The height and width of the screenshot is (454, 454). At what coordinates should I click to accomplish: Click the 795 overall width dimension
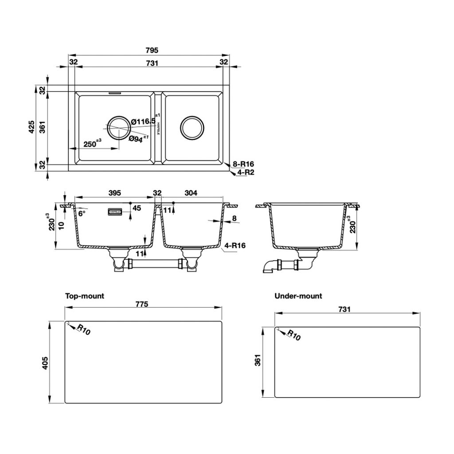click(152, 51)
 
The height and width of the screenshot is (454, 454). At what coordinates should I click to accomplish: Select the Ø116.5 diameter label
click(143, 121)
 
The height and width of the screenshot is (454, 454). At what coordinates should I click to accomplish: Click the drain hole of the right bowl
click(192, 128)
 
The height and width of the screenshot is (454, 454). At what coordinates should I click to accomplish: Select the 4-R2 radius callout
click(245, 172)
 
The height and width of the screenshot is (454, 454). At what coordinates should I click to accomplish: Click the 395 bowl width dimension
click(115, 193)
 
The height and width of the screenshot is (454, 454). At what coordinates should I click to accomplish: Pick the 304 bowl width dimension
click(191, 193)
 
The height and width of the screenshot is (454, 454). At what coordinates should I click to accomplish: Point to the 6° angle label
click(82, 213)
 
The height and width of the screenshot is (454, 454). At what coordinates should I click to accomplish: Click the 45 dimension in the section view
click(137, 208)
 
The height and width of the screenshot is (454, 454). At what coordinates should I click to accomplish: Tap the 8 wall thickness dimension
click(234, 218)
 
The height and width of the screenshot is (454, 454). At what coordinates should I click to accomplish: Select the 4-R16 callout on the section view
click(235, 245)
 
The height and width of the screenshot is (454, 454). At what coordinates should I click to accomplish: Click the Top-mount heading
click(85, 296)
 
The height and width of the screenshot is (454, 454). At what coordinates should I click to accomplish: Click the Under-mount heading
click(298, 296)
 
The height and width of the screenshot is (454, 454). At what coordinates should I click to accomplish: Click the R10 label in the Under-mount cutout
click(294, 335)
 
